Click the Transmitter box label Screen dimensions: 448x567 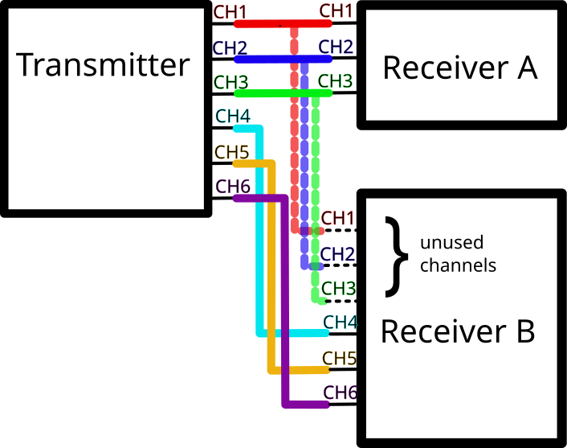[104, 64]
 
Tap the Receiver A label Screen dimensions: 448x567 [459, 68]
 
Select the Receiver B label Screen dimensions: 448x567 [457, 331]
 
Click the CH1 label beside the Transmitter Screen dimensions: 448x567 [230, 12]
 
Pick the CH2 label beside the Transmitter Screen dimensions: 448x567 [230, 47]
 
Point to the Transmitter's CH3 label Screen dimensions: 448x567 [230, 81]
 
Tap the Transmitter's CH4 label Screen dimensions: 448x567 [233, 116]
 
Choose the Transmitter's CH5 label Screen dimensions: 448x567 [232, 151]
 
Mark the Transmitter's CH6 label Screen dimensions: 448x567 [233, 186]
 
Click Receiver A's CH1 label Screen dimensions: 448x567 [336, 11]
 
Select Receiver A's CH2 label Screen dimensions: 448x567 [336, 47]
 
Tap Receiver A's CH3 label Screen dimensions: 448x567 [336, 81]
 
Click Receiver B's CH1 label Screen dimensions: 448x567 [337, 218]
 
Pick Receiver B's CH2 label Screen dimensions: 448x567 [337, 253]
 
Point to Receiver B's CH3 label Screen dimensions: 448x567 [337, 288]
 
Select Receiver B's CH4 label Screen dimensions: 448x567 [339, 323]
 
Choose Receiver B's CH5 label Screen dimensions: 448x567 [339, 358]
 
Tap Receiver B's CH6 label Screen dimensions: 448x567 [339, 393]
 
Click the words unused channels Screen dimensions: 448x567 [458, 254]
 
